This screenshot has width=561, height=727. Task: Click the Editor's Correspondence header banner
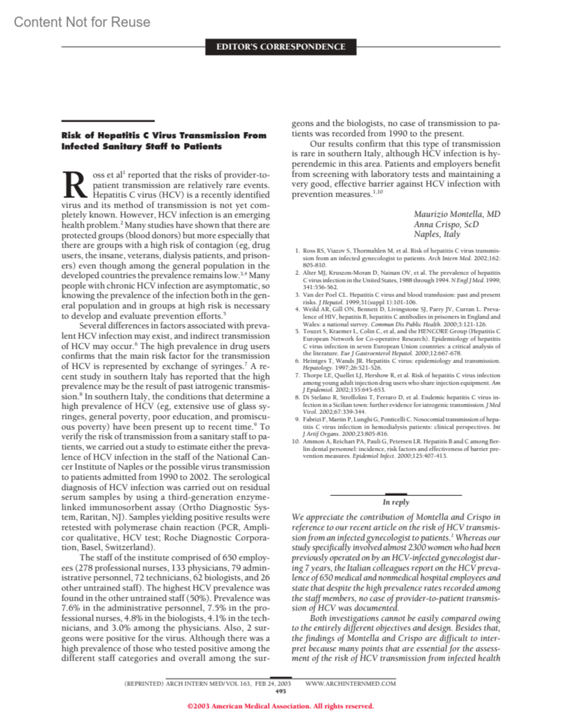pyautogui.click(x=280, y=47)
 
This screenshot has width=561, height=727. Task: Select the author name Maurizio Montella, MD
pyautogui.click(x=457, y=214)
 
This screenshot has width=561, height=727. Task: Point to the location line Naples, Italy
pyautogui.click(x=437, y=234)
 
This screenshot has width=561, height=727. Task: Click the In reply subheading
pyautogui.click(x=396, y=502)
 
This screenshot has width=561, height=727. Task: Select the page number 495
pyautogui.click(x=281, y=691)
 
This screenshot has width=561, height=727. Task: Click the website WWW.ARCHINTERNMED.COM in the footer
pyautogui.click(x=350, y=683)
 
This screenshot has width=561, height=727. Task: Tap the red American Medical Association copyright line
pyautogui.click(x=280, y=706)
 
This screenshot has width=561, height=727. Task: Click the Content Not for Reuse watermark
pyautogui.click(x=82, y=22)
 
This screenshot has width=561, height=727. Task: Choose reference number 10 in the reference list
pyautogui.click(x=295, y=441)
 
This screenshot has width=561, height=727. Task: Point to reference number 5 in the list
pyautogui.click(x=297, y=331)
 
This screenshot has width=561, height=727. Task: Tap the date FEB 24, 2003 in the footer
pyautogui.click(x=273, y=683)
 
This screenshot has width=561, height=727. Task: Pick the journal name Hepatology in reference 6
pyautogui.click(x=316, y=368)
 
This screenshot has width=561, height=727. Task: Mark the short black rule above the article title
pyautogui.click(x=108, y=121)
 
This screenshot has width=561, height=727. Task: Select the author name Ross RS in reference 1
pyautogui.click(x=313, y=251)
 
